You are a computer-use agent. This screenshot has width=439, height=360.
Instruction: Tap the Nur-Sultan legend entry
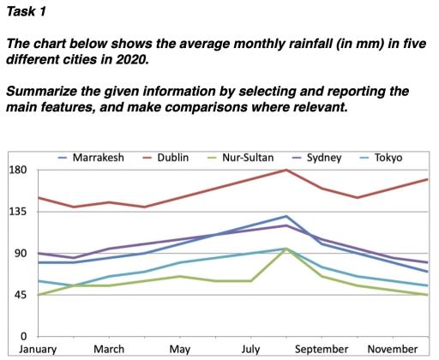[x=250, y=158]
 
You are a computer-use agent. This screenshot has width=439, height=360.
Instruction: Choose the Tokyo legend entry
[x=386, y=158]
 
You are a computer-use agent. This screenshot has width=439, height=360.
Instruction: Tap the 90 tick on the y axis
[x=20, y=254]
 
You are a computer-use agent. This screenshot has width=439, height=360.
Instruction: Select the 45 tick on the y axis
[x=20, y=295]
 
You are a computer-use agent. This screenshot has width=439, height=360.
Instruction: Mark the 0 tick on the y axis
[x=24, y=336]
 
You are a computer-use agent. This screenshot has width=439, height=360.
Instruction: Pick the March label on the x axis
[x=109, y=350]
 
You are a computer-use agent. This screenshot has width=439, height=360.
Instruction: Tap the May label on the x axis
[x=180, y=350]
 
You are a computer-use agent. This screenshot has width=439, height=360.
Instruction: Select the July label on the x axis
[x=250, y=350]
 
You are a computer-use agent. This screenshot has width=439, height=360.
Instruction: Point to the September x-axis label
[x=322, y=350]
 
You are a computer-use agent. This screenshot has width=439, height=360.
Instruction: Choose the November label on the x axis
[x=393, y=350]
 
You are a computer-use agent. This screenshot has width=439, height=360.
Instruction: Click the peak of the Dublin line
[x=286, y=170]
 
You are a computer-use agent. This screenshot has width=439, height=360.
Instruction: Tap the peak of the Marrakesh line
[x=286, y=216]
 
